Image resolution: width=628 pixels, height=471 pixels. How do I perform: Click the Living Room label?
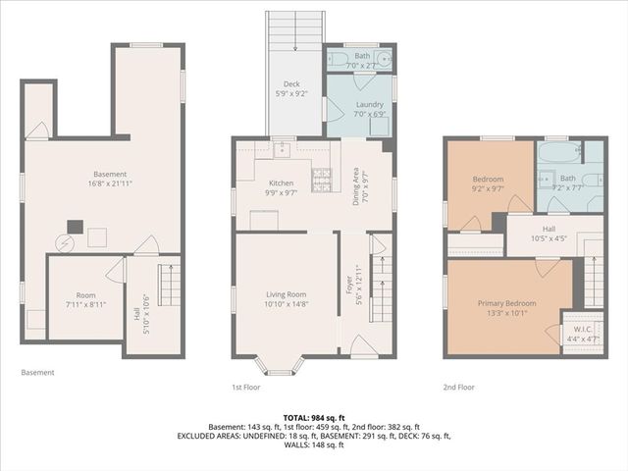pyautogui.click(x=286, y=299)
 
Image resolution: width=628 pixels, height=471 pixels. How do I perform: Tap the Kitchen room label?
pyautogui.click(x=282, y=187)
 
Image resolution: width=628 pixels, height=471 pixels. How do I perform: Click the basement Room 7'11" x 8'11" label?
pyautogui.click(x=86, y=300)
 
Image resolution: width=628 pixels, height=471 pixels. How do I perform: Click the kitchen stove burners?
pyautogui.click(x=321, y=180)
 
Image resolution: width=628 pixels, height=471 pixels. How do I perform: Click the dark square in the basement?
pyautogui.click(x=73, y=226)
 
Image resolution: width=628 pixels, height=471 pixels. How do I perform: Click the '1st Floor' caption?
pyautogui.click(x=247, y=387)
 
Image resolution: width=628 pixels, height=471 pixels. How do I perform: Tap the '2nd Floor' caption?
pyautogui.click(x=458, y=387)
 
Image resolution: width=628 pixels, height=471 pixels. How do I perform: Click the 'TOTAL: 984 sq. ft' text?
pyautogui.click(x=313, y=417)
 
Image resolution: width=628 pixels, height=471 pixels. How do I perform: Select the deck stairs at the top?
pyautogui.click(x=295, y=32)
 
